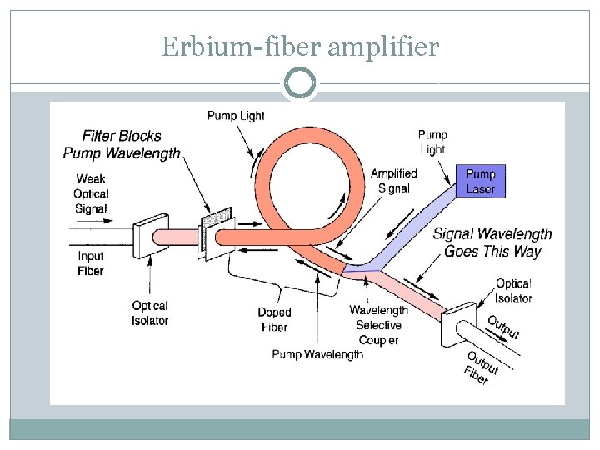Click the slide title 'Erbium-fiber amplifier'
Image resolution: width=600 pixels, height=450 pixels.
300,47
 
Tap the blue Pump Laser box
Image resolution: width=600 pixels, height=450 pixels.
480,182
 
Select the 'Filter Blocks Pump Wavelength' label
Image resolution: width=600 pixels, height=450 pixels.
122,144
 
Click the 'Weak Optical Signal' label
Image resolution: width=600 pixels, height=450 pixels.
92,193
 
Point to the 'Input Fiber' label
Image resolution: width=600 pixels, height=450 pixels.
91,263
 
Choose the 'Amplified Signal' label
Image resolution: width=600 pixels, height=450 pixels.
394,181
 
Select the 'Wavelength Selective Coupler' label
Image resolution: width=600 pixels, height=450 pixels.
378,325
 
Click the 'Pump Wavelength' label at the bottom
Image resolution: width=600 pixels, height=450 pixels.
317,355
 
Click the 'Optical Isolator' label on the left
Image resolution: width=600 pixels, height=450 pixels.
150,313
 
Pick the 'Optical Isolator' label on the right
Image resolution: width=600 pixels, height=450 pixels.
513,291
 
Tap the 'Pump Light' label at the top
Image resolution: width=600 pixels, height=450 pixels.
236,115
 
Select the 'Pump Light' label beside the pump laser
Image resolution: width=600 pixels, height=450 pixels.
432,142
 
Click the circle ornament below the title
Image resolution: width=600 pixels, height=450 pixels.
300,83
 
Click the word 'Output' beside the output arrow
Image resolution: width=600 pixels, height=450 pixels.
503,327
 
